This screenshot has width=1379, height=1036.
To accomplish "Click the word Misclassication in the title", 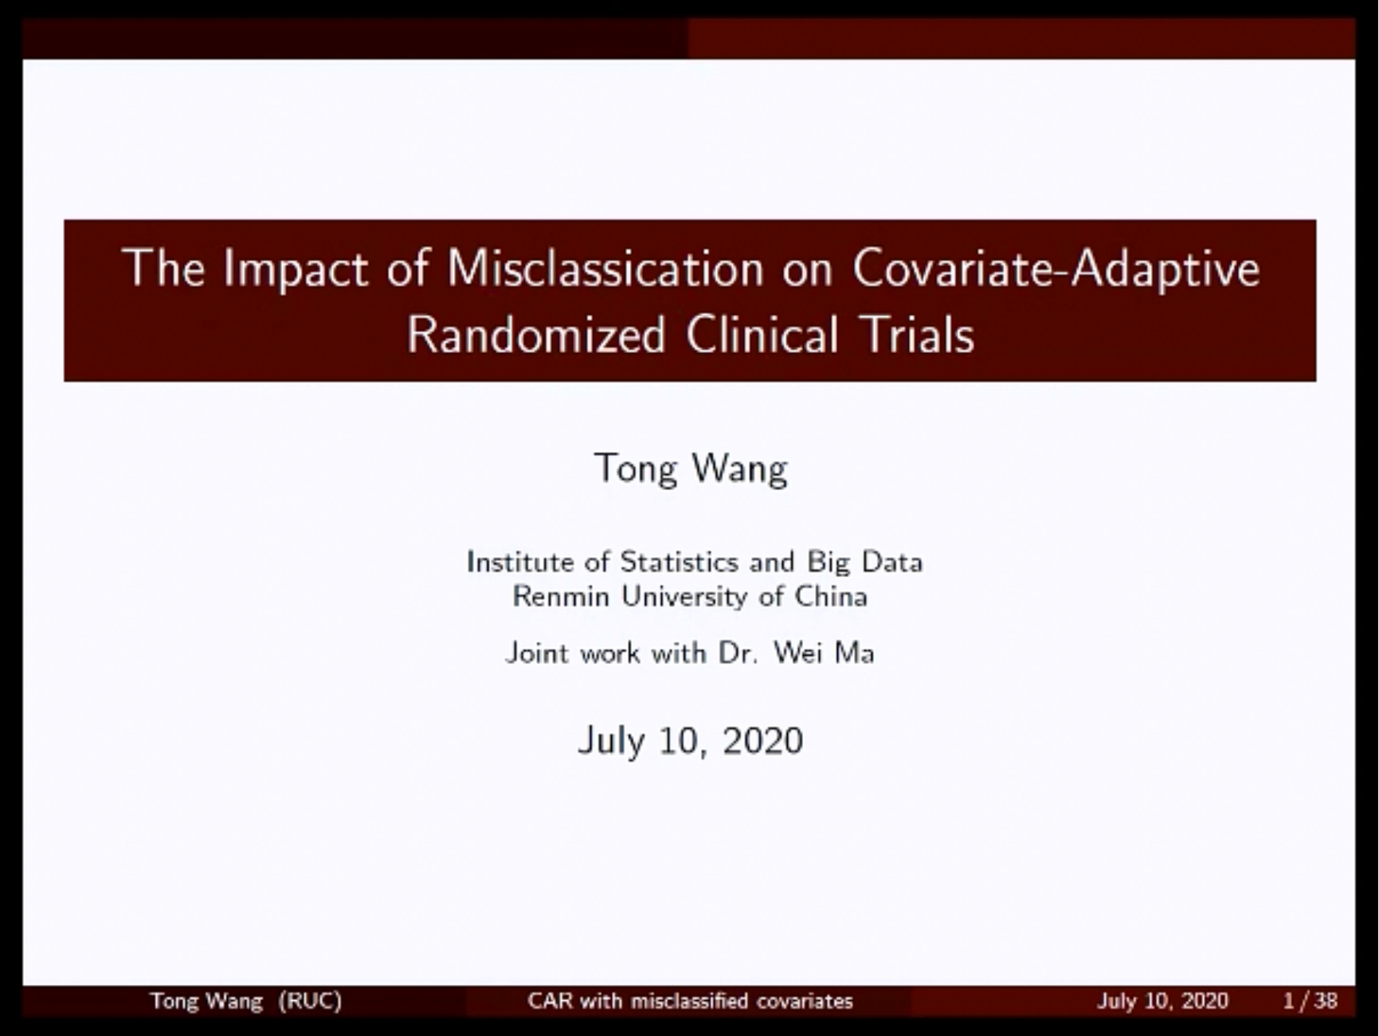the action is pos(605,268).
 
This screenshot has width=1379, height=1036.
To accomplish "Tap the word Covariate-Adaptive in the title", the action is pos(1056,269).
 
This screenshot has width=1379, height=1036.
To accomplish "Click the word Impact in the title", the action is pos(296,269).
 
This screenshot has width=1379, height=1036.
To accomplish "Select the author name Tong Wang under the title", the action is pos(691,469).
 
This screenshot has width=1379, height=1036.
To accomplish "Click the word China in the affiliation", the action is pos(831,596).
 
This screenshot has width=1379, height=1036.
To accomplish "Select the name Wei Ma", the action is pos(824,653).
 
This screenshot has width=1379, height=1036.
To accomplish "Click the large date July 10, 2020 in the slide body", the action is pos(690,741).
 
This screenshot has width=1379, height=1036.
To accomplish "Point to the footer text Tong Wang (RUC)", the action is pos(246,1001).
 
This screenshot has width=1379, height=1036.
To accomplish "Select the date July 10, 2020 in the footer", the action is pos(1162,1001).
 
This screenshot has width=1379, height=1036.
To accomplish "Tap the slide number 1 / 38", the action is pos(1310,1001).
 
